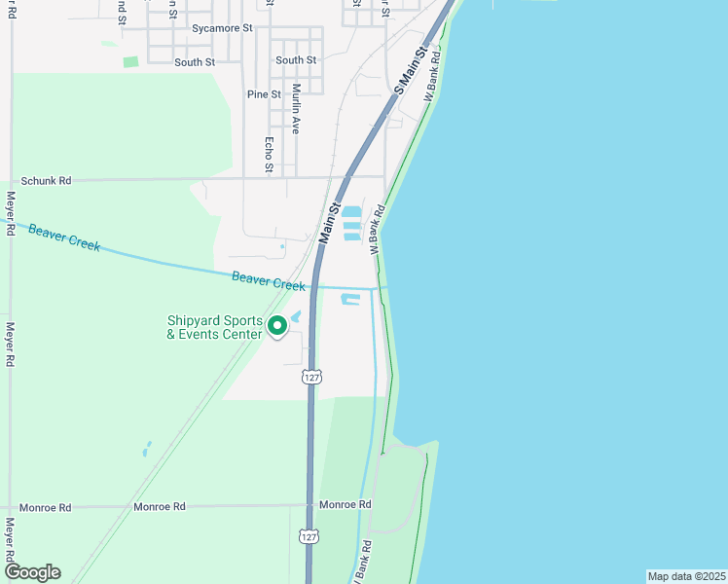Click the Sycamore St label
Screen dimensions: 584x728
tap(222, 29)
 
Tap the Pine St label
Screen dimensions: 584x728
tap(264, 94)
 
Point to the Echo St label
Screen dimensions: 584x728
tap(270, 155)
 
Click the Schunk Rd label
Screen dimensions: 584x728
tap(47, 181)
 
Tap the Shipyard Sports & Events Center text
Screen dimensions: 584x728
tap(214, 327)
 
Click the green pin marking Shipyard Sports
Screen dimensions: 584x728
tap(276, 326)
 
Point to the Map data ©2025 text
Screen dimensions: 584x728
tap(685, 576)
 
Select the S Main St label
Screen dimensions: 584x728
tap(412, 69)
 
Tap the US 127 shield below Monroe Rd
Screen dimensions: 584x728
tap(309, 537)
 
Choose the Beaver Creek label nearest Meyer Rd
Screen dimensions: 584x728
tap(64, 237)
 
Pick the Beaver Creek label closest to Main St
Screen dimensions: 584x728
tap(269, 280)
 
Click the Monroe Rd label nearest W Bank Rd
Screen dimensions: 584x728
tap(346, 504)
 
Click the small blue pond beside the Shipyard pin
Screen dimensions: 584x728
tap(296, 315)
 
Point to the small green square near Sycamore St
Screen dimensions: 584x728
tap(130, 62)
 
